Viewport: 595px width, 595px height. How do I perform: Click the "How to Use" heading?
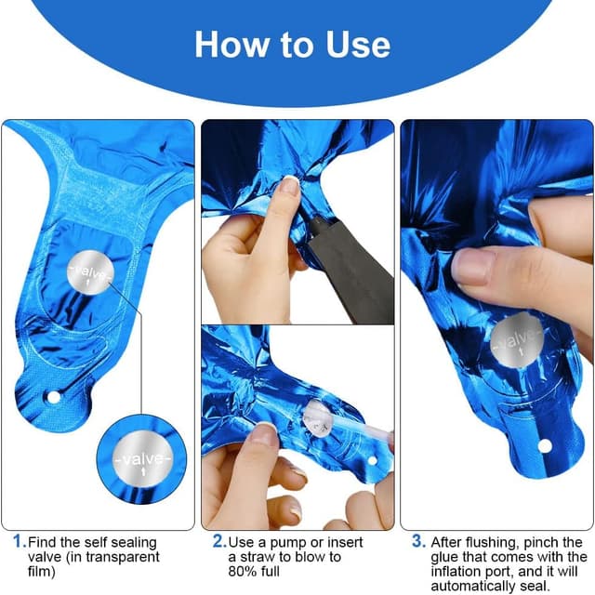(x=293, y=45)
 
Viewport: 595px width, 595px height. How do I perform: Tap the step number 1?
(x=19, y=541)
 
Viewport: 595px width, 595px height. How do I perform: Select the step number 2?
(x=218, y=541)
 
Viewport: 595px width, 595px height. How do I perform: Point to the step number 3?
(x=417, y=541)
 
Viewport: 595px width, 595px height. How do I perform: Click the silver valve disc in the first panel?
(x=90, y=272)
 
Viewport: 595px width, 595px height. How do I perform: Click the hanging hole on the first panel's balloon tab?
(x=54, y=397)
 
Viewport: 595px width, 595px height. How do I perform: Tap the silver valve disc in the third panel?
(x=517, y=341)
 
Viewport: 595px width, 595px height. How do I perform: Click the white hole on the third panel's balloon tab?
(x=545, y=446)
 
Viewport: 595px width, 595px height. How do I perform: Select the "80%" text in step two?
(x=241, y=572)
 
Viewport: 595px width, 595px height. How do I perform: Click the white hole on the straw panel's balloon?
(x=373, y=461)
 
